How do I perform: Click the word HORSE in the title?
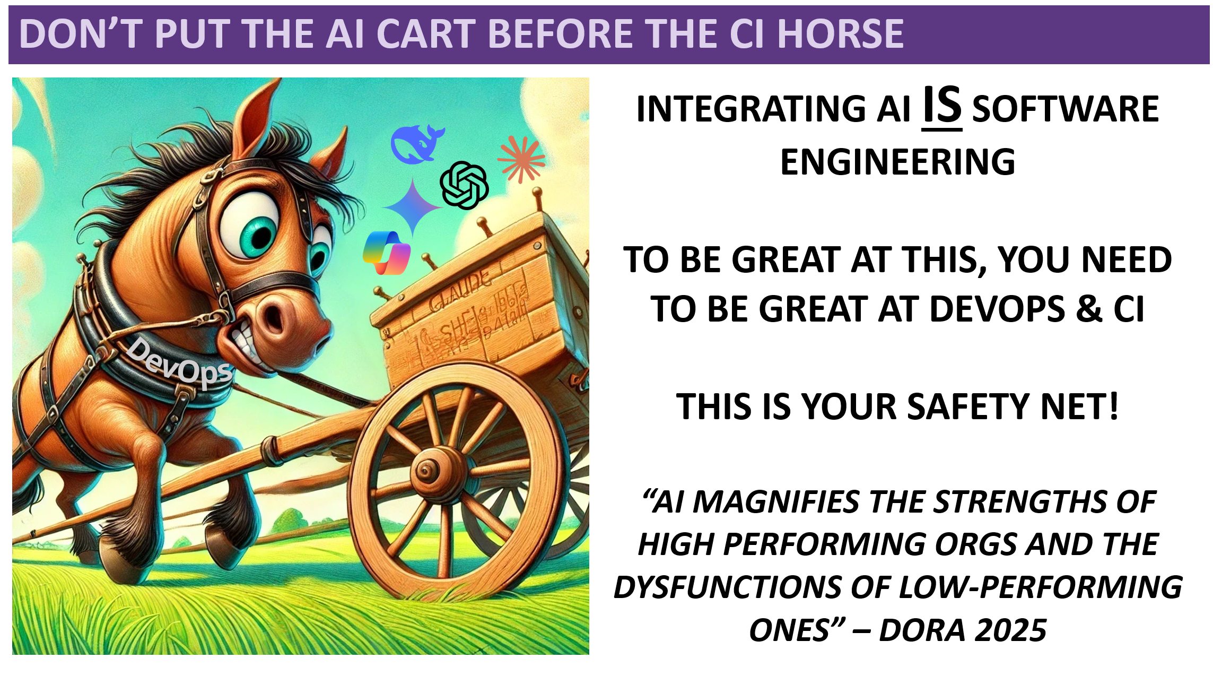click(841, 34)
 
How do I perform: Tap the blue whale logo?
click(416, 144)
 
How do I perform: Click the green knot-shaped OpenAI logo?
click(464, 185)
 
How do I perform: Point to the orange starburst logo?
click(521, 159)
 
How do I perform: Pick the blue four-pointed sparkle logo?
click(413, 207)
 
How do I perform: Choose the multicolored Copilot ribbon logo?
click(387, 253)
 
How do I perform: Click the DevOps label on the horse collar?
click(179, 362)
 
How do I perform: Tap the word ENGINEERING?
click(897, 162)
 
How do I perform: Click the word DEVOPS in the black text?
click(997, 309)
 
